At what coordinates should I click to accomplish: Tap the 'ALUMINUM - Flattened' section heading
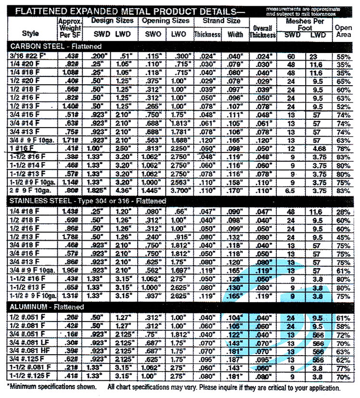coord(46,307)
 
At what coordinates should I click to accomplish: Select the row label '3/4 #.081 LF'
coord(28,343)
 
